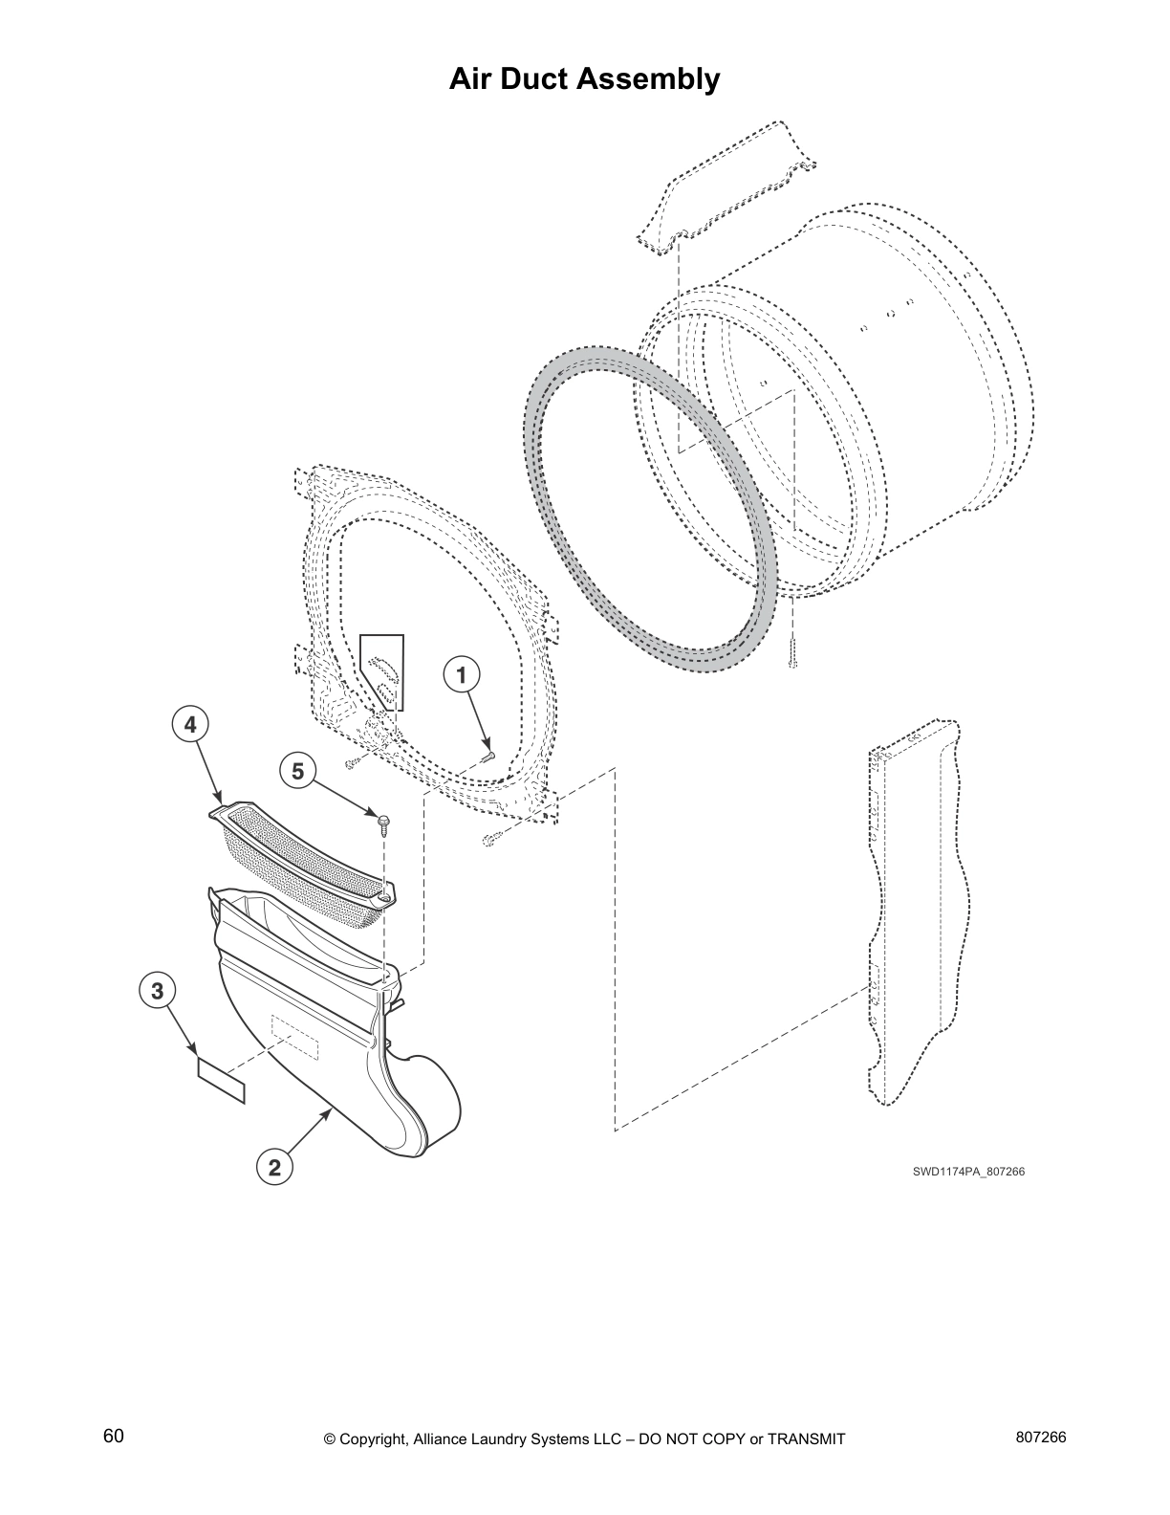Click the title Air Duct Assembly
pyautogui.click(x=584, y=79)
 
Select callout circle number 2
pyautogui.click(x=273, y=1167)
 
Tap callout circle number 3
pyautogui.click(x=158, y=991)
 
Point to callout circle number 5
pyautogui.click(x=298, y=770)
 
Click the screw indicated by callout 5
pyautogui.click(x=383, y=823)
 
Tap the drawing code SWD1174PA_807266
pyautogui.click(x=967, y=1171)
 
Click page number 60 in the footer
pyautogui.click(x=114, y=1437)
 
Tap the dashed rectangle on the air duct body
pyautogui.click(x=294, y=1037)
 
